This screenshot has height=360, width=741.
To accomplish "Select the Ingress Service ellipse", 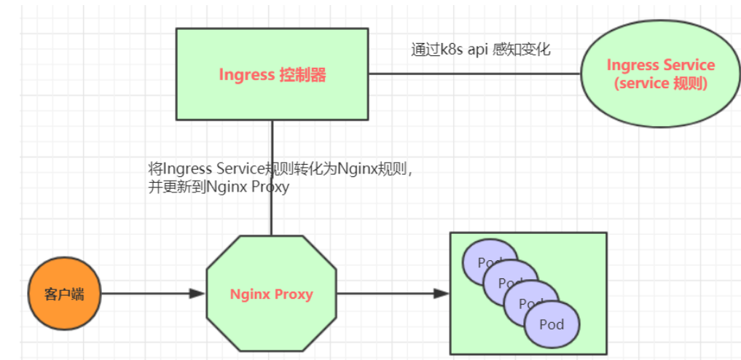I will [x=660, y=74].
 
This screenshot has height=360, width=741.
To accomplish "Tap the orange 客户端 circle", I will [x=64, y=294].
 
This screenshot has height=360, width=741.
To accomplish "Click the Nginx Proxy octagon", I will [x=271, y=294].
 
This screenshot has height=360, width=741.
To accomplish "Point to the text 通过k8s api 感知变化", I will [x=480, y=50].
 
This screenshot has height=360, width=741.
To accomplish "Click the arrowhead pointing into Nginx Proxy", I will [x=197, y=294].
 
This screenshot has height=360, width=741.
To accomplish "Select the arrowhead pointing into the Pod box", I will [x=441, y=294].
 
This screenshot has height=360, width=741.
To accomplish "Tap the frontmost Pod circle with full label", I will [x=552, y=324].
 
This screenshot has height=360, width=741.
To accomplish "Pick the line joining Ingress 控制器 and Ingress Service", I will [x=474, y=74].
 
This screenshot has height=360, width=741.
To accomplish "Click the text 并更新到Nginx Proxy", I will [x=219, y=187].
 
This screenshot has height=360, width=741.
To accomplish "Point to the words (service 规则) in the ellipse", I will [x=660, y=83].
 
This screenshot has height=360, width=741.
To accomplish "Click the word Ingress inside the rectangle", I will [x=246, y=74].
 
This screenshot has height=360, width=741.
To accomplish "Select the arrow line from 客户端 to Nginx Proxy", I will [x=146, y=294].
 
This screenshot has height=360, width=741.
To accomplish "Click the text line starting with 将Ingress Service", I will [x=281, y=170].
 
